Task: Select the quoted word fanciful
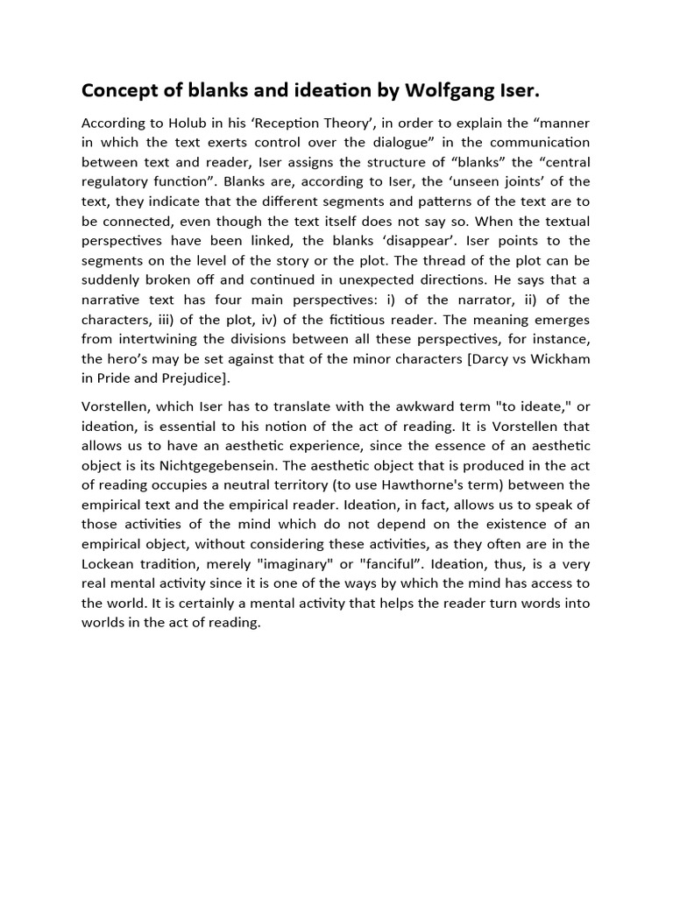point(392,564)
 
